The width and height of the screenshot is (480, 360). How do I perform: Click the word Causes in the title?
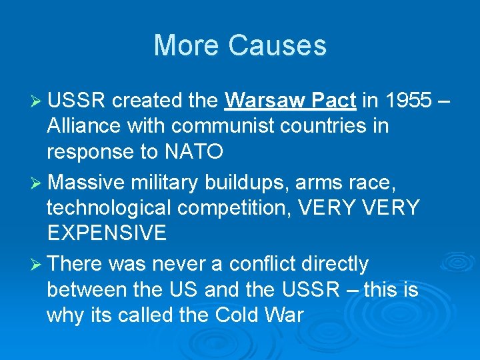277,45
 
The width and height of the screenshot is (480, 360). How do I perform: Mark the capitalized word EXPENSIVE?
107,233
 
